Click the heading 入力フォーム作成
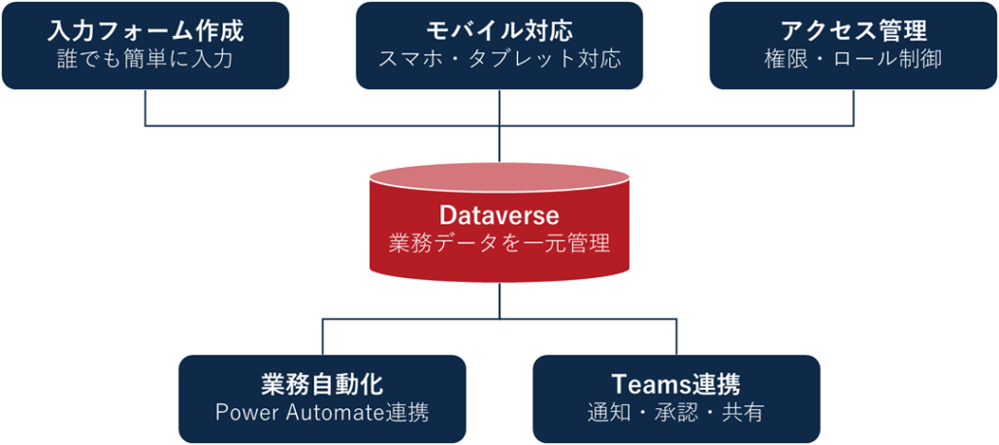(145, 30)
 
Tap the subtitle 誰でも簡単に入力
(145, 59)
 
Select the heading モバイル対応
(499, 30)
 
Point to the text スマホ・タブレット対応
(499, 59)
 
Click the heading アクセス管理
(854, 30)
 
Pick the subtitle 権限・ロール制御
(854, 59)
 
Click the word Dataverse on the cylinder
(499, 213)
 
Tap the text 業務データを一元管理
(499, 243)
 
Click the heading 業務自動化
(322, 383)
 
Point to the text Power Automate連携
(322, 412)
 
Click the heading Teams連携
(676, 383)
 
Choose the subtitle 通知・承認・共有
(676, 412)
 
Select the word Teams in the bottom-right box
(647, 383)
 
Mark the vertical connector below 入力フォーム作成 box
(145, 108)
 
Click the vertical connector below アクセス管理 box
(854, 108)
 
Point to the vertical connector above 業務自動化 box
(322, 337)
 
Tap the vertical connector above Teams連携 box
(676, 337)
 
